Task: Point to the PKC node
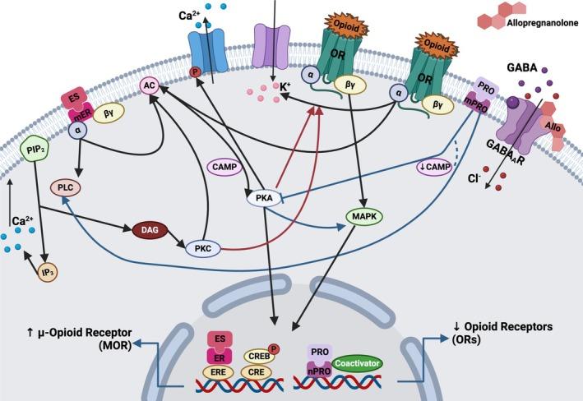(206, 247)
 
